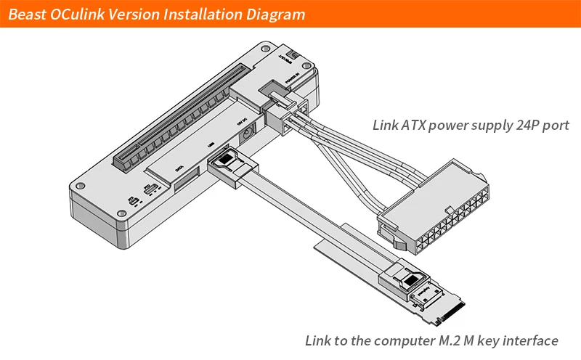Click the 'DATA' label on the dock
(x=179, y=171)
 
